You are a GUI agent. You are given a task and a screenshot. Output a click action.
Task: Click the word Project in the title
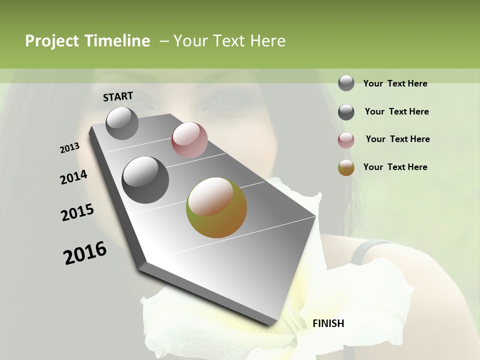[52, 41]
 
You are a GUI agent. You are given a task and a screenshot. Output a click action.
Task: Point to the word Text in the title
[229, 41]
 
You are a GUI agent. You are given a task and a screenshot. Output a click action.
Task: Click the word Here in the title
[267, 41]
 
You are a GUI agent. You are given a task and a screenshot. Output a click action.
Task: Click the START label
[118, 96]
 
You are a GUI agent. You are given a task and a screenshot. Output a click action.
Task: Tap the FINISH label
[328, 323]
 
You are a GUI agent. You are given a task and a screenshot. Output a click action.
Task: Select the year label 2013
[69, 148]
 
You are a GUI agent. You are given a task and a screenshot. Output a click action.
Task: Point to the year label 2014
[73, 177]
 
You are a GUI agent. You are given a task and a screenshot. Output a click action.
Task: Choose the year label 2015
[77, 212]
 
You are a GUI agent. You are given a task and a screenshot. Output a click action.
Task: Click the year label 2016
[85, 253]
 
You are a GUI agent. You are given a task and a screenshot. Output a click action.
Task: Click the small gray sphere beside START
[122, 123]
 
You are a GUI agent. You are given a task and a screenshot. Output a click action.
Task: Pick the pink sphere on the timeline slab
[189, 139]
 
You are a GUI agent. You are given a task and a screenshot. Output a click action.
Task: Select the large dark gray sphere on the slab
[145, 180]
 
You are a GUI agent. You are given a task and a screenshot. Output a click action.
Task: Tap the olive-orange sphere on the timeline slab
[216, 207]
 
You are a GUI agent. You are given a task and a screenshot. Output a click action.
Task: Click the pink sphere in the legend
[346, 140]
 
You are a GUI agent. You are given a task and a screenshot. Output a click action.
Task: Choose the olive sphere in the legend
[346, 168]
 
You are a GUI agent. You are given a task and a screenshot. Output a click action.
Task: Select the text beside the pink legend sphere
[397, 139]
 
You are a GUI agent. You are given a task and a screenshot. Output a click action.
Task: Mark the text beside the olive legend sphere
[395, 167]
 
